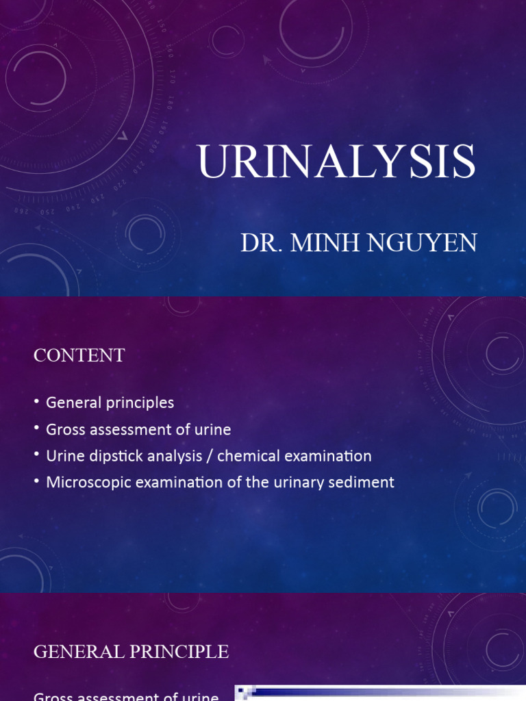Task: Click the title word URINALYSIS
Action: pyautogui.click(x=336, y=164)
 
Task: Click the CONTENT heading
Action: pyautogui.click(x=79, y=355)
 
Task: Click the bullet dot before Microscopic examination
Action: pyautogui.click(x=36, y=482)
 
